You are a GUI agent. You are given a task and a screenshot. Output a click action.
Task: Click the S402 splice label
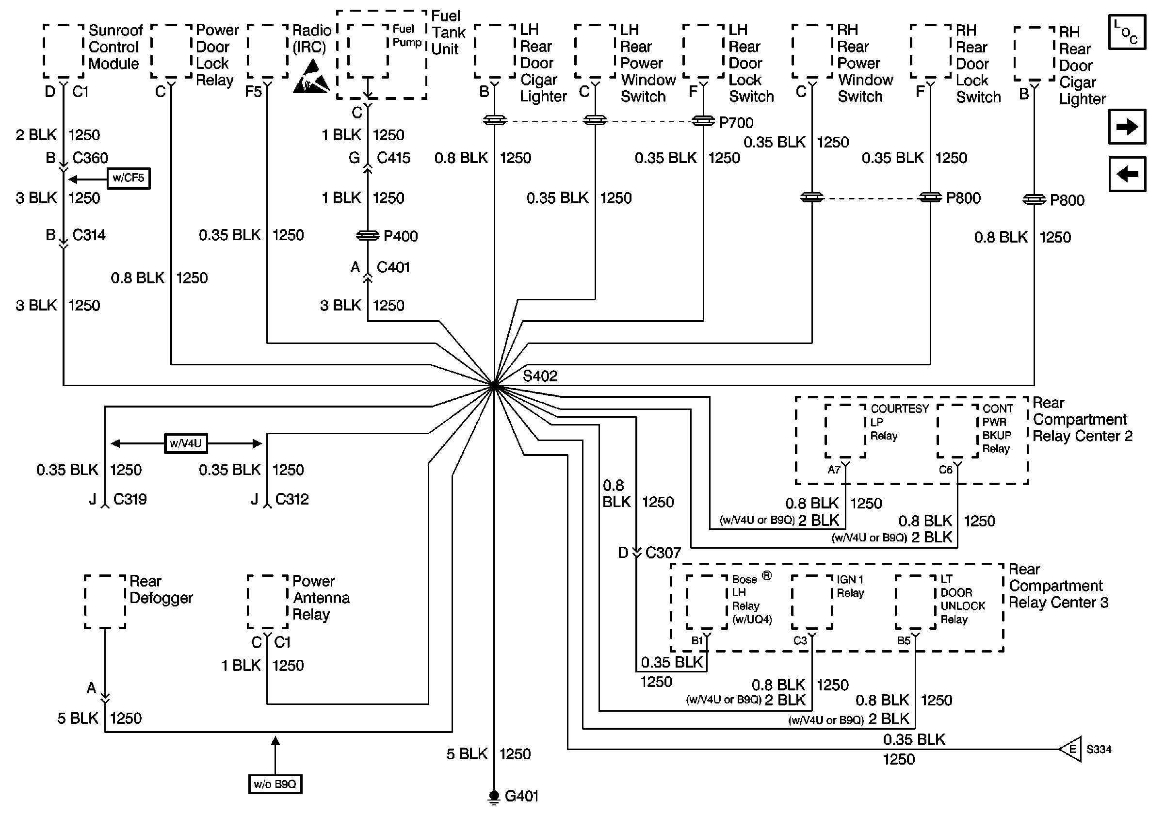pos(540,376)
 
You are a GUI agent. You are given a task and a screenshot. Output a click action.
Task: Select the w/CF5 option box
pos(129,178)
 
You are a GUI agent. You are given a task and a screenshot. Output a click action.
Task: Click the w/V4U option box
pos(186,443)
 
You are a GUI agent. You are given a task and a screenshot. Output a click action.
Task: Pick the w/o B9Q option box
pos(275,784)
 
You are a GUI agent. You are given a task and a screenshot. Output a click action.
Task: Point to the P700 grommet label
pos(736,122)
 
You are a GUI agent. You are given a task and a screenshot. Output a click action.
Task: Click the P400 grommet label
pos(400,236)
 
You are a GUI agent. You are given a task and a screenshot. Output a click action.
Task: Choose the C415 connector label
pos(393,158)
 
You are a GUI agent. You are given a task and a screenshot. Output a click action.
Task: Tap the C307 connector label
pos(663,553)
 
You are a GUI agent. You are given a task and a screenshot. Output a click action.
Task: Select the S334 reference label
pos(1099,749)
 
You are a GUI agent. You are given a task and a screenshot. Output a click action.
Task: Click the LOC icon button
pos(1127,32)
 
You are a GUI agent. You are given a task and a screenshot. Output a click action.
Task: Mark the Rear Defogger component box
pos(105,602)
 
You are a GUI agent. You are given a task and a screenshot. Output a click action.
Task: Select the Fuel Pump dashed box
pos(369,52)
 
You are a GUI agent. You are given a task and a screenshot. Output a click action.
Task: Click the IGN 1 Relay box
pos(812,602)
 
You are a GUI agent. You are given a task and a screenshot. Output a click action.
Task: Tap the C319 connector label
pos(130,499)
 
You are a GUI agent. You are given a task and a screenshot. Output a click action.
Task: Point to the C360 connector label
pos(90,158)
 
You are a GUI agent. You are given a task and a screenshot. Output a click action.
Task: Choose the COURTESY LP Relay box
pos(845,431)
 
